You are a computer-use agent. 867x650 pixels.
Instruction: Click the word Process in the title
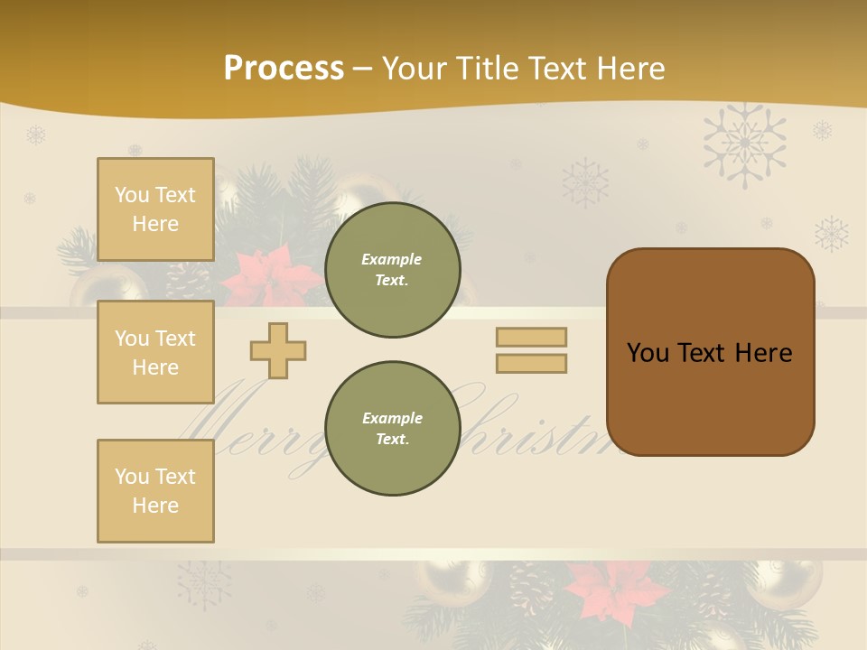click(284, 69)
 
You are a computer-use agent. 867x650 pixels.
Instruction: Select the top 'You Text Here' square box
click(155, 209)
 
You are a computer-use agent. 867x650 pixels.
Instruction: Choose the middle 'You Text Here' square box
click(155, 352)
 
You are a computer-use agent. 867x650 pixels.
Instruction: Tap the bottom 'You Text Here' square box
click(155, 490)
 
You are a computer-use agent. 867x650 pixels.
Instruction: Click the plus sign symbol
click(278, 350)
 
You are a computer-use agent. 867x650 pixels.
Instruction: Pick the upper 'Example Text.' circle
click(392, 270)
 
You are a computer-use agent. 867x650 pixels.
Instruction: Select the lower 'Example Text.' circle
click(392, 429)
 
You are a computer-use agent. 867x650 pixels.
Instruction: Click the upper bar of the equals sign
click(531, 337)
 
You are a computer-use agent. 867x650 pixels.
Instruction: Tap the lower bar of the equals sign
click(531, 363)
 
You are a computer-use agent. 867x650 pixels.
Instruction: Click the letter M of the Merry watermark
click(221, 415)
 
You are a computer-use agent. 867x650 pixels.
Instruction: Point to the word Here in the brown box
click(763, 353)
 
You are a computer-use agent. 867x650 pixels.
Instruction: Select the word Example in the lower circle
click(392, 418)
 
